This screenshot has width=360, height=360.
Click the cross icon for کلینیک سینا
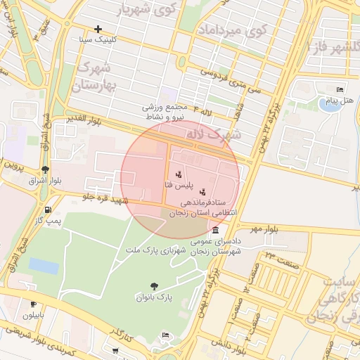pyautogui.click(x=98, y=29)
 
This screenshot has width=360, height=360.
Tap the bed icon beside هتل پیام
pyautogui.click(x=340, y=91)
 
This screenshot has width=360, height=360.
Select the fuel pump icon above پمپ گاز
pyautogui.click(x=47, y=210)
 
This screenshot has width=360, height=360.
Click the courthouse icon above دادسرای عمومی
pyautogui.click(x=214, y=231)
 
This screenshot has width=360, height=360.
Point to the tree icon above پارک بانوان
pyautogui.click(x=153, y=285)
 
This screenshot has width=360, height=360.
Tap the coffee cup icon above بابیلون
pyautogui.click(x=33, y=304)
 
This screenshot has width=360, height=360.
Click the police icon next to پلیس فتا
pyautogui.click(x=178, y=174)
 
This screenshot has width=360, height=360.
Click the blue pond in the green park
pyautogui.click(x=44, y=266)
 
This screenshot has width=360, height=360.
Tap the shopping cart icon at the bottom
pyautogui.click(x=115, y=349)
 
